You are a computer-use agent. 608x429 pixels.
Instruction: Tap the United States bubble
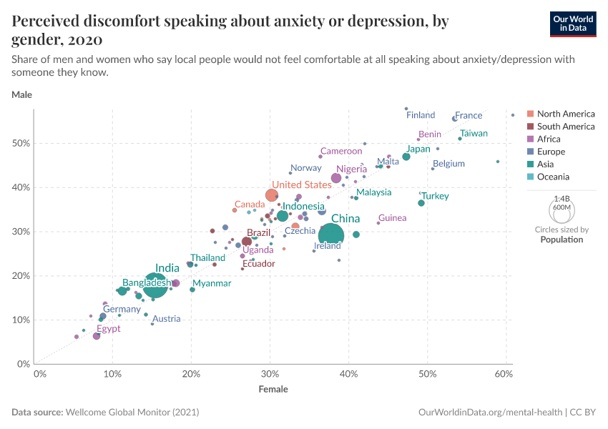272,195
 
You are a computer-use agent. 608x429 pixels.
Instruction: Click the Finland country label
421,115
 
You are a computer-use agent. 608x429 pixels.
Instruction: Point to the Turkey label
435,196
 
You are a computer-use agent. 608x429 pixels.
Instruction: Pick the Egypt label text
109,329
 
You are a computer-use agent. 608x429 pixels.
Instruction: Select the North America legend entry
565,114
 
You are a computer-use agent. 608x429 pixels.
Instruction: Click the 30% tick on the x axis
269,374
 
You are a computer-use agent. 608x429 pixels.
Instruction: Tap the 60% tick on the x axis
504,374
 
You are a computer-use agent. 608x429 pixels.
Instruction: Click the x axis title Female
273,390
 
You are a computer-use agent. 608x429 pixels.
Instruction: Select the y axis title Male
21,94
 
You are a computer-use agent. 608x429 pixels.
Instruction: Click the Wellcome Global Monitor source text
132,413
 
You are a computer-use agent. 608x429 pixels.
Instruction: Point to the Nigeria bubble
336,178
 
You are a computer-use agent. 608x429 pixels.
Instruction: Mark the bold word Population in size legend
562,240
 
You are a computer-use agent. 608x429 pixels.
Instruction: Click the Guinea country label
392,218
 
